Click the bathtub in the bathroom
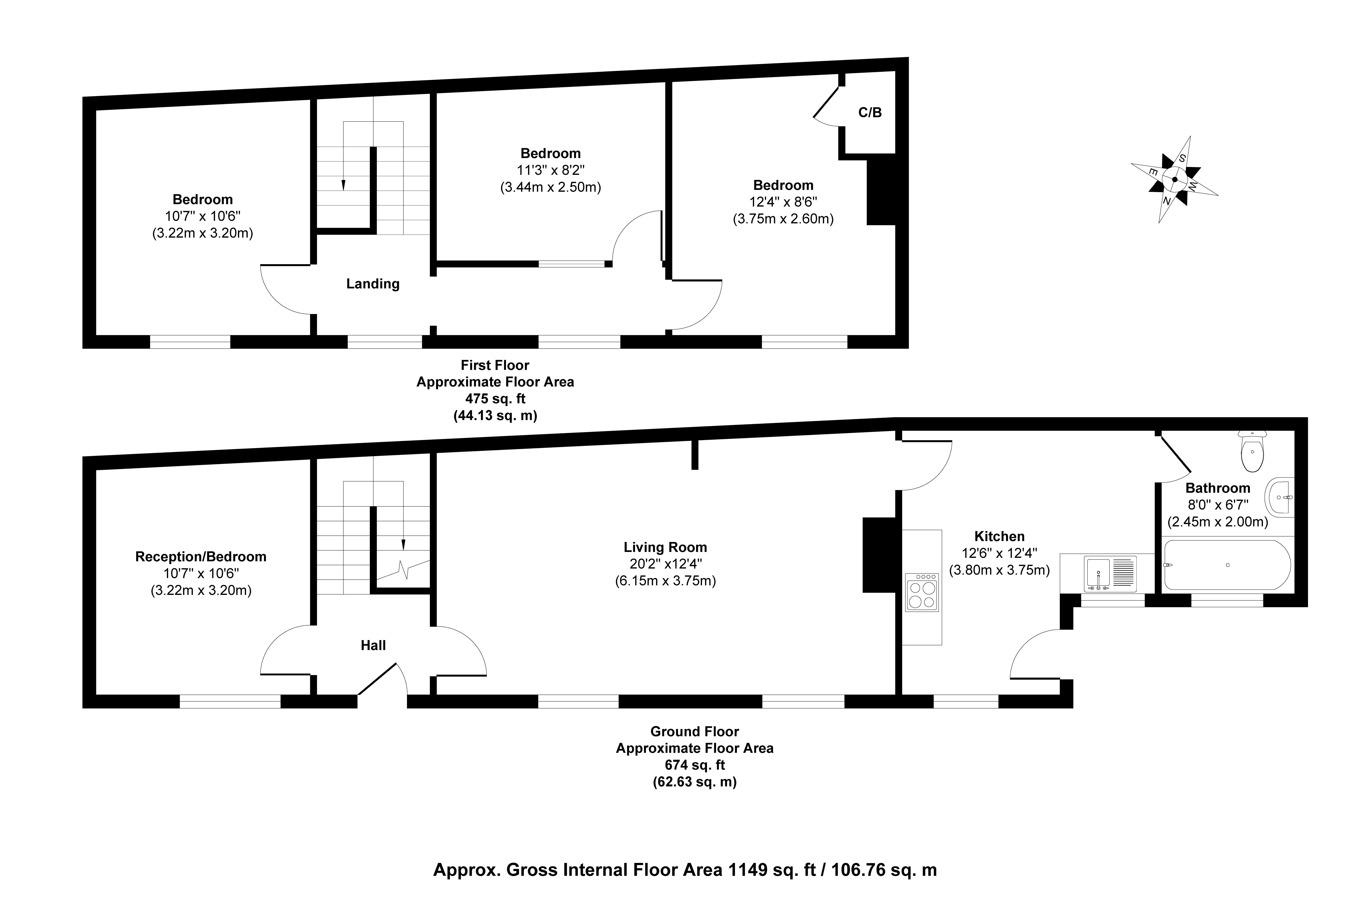coord(1227,565)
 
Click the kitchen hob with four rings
coord(922,592)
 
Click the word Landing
coord(373,284)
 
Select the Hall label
coord(373,645)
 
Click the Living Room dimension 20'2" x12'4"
coord(665,564)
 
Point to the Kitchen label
coord(999,536)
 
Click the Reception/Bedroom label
coord(201,557)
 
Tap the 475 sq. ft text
coord(495,399)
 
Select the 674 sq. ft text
coord(695,765)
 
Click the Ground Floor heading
coord(695,732)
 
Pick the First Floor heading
coord(495,366)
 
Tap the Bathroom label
coord(1218,488)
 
